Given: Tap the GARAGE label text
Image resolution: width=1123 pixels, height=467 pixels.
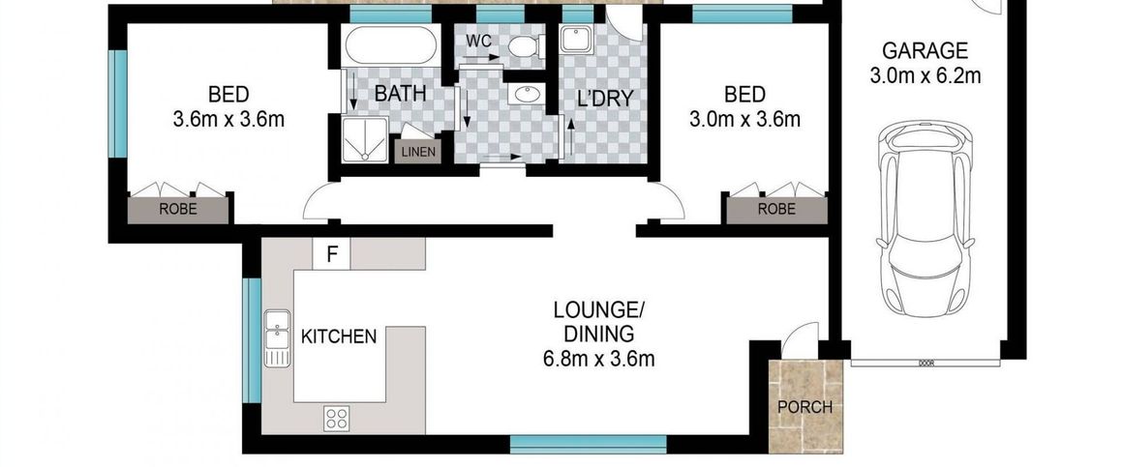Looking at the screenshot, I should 925,50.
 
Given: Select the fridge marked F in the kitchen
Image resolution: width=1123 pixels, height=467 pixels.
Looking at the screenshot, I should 332,255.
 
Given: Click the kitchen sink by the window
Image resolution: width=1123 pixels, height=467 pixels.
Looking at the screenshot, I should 278,339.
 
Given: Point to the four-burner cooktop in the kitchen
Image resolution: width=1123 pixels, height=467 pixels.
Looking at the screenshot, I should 336,418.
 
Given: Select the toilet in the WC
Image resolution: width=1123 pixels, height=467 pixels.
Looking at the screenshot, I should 522,46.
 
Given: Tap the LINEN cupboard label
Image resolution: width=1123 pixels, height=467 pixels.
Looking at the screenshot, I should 418,152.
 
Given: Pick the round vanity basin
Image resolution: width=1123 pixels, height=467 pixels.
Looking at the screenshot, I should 528,94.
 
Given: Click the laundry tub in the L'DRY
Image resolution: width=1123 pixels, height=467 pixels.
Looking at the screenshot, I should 579,42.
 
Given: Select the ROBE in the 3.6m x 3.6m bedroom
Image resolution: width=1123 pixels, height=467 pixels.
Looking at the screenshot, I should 178,208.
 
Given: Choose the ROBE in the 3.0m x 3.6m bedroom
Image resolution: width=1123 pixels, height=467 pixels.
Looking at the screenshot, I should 776,208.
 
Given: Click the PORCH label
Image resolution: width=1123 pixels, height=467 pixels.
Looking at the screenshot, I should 805,407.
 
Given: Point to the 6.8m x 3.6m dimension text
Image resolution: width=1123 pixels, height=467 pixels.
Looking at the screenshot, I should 599,360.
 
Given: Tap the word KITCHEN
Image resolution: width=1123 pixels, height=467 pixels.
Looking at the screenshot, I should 339,336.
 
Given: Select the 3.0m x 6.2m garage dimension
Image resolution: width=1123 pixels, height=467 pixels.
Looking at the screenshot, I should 925,75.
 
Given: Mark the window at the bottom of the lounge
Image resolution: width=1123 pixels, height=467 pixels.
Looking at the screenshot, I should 588,444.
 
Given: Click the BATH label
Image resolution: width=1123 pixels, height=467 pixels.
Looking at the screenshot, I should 400,95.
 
